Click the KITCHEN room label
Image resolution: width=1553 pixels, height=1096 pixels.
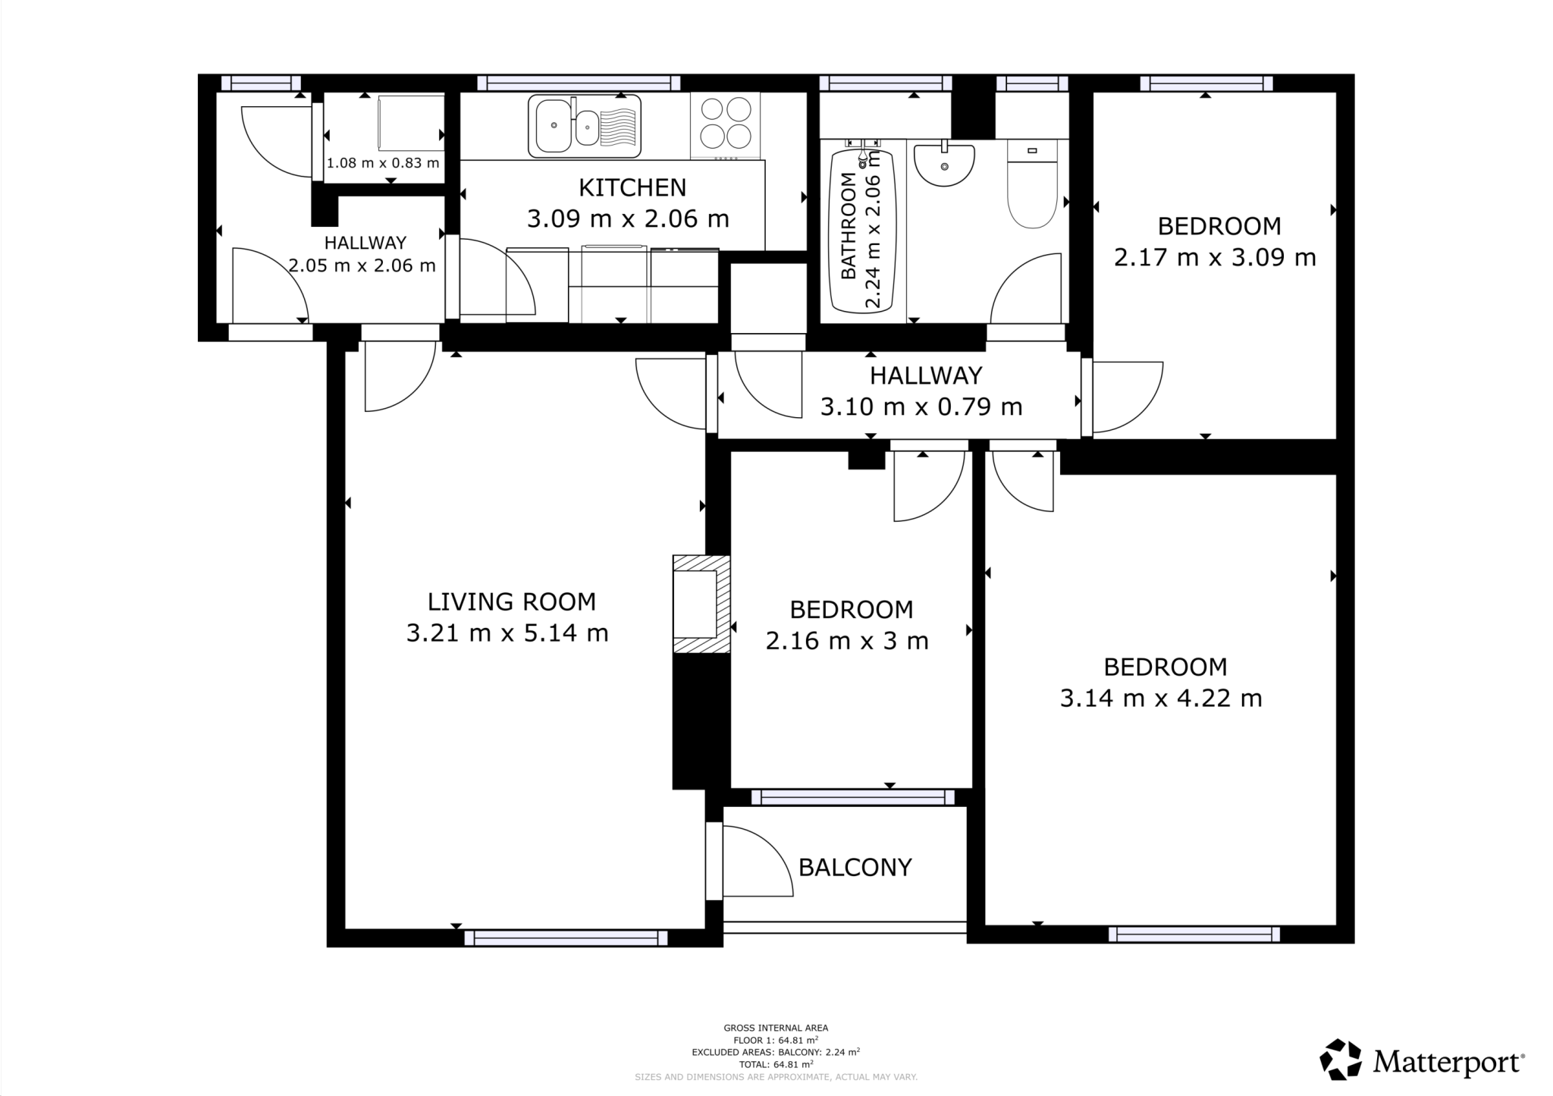coord(632,187)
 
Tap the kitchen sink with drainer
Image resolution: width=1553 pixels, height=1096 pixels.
coord(584,126)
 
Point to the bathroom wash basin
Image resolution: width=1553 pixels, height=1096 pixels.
coord(944,165)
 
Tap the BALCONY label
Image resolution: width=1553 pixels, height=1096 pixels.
coord(855,867)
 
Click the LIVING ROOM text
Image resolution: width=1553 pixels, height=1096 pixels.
coord(511,601)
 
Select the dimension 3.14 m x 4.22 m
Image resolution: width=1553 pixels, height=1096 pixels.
coord(1160,698)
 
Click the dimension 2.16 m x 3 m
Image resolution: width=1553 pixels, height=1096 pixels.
coord(847,642)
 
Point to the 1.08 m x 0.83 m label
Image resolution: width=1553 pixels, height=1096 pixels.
coord(383,163)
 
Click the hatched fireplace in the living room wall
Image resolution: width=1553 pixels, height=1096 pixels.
coord(701,605)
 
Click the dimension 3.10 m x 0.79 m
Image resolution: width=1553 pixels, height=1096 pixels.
coord(921,407)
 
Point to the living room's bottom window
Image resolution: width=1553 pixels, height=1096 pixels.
coord(566,938)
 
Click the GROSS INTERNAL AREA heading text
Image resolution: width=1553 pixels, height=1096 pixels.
coord(775,1028)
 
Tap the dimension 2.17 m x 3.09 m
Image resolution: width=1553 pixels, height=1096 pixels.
coord(1214,258)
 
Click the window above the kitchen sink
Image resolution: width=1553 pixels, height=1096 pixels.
coord(578,83)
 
